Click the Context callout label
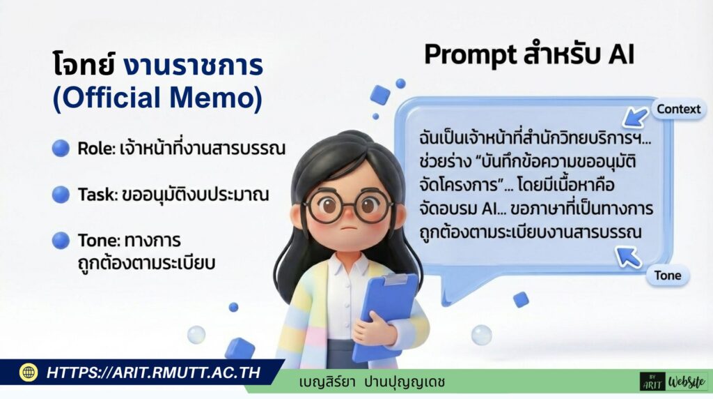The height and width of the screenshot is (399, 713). tap(678, 110)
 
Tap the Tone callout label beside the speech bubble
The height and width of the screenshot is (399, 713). tap(667, 276)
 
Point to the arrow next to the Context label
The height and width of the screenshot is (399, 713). tap(635, 117)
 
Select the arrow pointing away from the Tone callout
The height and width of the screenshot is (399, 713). tap(628, 257)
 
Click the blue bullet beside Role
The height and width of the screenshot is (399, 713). tap(61, 148)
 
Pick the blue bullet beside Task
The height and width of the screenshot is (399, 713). tap(61, 195)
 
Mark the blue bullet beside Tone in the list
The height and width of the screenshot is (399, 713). tap(61, 241)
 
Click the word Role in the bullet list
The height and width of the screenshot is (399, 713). tap(95, 149)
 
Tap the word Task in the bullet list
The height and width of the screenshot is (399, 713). tap(97, 195)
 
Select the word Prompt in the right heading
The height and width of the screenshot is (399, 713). tap(470, 56)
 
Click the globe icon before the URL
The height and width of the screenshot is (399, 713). tap(28, 372)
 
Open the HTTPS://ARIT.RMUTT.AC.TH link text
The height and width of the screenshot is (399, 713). tap(153, 372)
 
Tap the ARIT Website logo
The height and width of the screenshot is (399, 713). tap(674, 381)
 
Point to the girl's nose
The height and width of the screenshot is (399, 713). tap(347, 216)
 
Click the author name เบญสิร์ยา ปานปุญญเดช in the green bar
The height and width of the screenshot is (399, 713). tap(372, 382)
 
